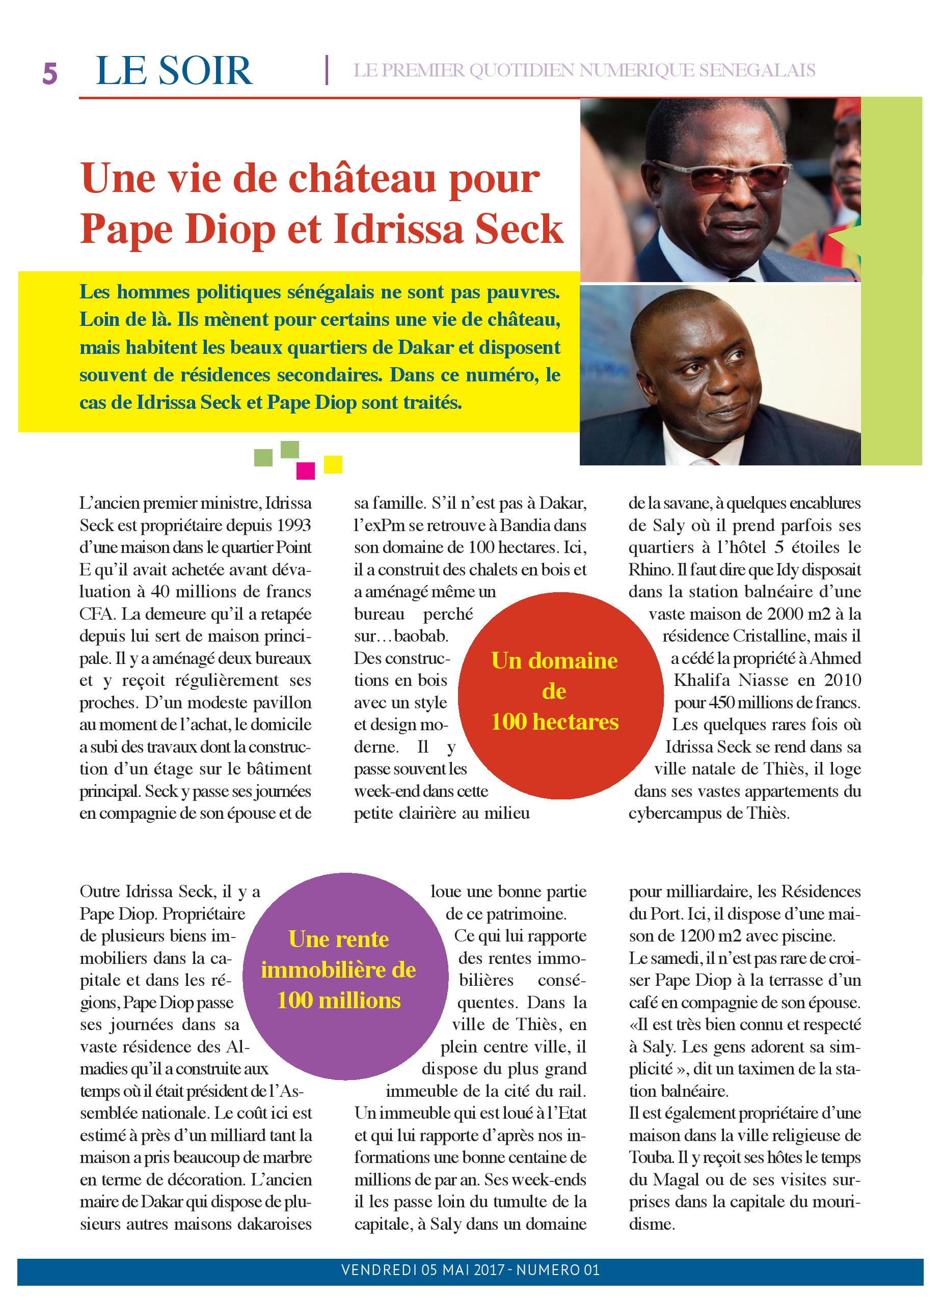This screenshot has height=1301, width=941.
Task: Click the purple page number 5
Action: pos(50,73)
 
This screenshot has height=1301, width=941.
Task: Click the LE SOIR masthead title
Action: pos(174,71)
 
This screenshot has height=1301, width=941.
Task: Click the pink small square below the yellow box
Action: pos(305,470)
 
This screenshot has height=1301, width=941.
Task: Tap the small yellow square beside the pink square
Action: pos(333,464)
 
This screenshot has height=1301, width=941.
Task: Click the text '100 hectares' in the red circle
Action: pos(554,722)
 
